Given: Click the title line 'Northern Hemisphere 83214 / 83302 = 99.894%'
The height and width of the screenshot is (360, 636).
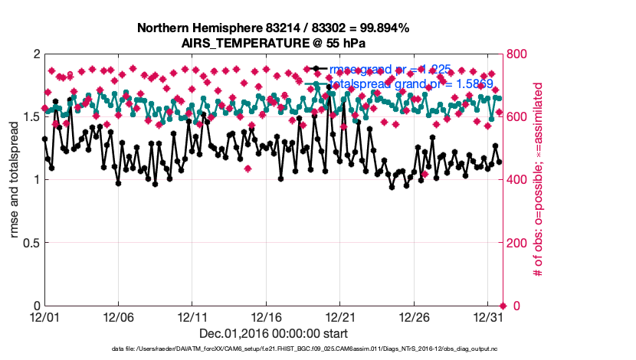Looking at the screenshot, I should [273, 28].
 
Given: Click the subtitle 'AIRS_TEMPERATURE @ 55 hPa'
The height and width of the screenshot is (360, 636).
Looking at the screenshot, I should [273, 42].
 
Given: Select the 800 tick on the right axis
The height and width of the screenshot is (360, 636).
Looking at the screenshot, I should [520, 54].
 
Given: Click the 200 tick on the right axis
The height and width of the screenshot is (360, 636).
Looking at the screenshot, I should [520, 243].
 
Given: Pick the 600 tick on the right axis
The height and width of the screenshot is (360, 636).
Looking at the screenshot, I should [520, 117].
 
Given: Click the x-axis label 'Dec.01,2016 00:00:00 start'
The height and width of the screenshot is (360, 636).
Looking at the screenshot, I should [273, 333].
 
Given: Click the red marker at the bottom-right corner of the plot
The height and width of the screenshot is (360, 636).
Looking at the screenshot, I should [503, 306].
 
